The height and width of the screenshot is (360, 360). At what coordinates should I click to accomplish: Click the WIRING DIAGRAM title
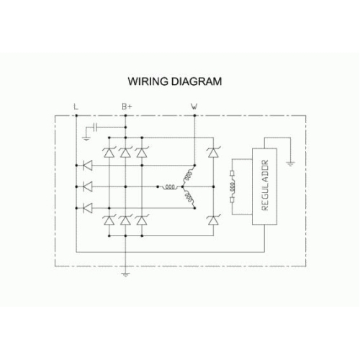(175, 81)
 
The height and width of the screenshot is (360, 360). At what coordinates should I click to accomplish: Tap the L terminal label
(76, 107)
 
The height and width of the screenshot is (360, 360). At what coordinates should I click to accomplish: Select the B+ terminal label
(127, 107)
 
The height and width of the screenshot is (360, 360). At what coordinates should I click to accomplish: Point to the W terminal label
(194, 107)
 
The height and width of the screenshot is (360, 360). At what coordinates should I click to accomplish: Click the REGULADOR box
(264, 186)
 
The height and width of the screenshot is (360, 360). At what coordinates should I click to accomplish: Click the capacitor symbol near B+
(95, 127)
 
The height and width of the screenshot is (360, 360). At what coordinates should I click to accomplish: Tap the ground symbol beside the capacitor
(86, 138)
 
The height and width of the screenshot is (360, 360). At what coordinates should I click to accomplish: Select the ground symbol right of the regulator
(290, 164)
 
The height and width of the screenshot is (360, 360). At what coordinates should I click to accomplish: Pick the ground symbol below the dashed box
(125, 274)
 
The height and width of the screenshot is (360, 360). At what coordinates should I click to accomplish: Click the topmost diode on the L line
(87, 166)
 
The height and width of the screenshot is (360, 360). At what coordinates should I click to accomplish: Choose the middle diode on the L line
(87, 186)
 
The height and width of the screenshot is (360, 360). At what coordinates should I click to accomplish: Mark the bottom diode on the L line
(87, 208)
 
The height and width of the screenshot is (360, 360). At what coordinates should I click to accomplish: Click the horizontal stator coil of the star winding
(170, 186)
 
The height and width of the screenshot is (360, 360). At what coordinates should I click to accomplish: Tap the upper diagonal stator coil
(189, 176)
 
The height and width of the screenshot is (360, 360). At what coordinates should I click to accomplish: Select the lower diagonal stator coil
(189, 197)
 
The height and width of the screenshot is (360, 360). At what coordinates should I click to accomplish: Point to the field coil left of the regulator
(232, 186)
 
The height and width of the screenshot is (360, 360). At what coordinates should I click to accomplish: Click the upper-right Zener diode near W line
(213, 152)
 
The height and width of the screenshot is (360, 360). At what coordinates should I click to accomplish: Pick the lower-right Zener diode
(213, 220)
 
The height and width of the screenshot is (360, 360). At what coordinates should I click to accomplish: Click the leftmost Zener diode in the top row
(109, 152)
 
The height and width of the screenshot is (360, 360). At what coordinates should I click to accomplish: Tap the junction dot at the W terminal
(194, 116)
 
